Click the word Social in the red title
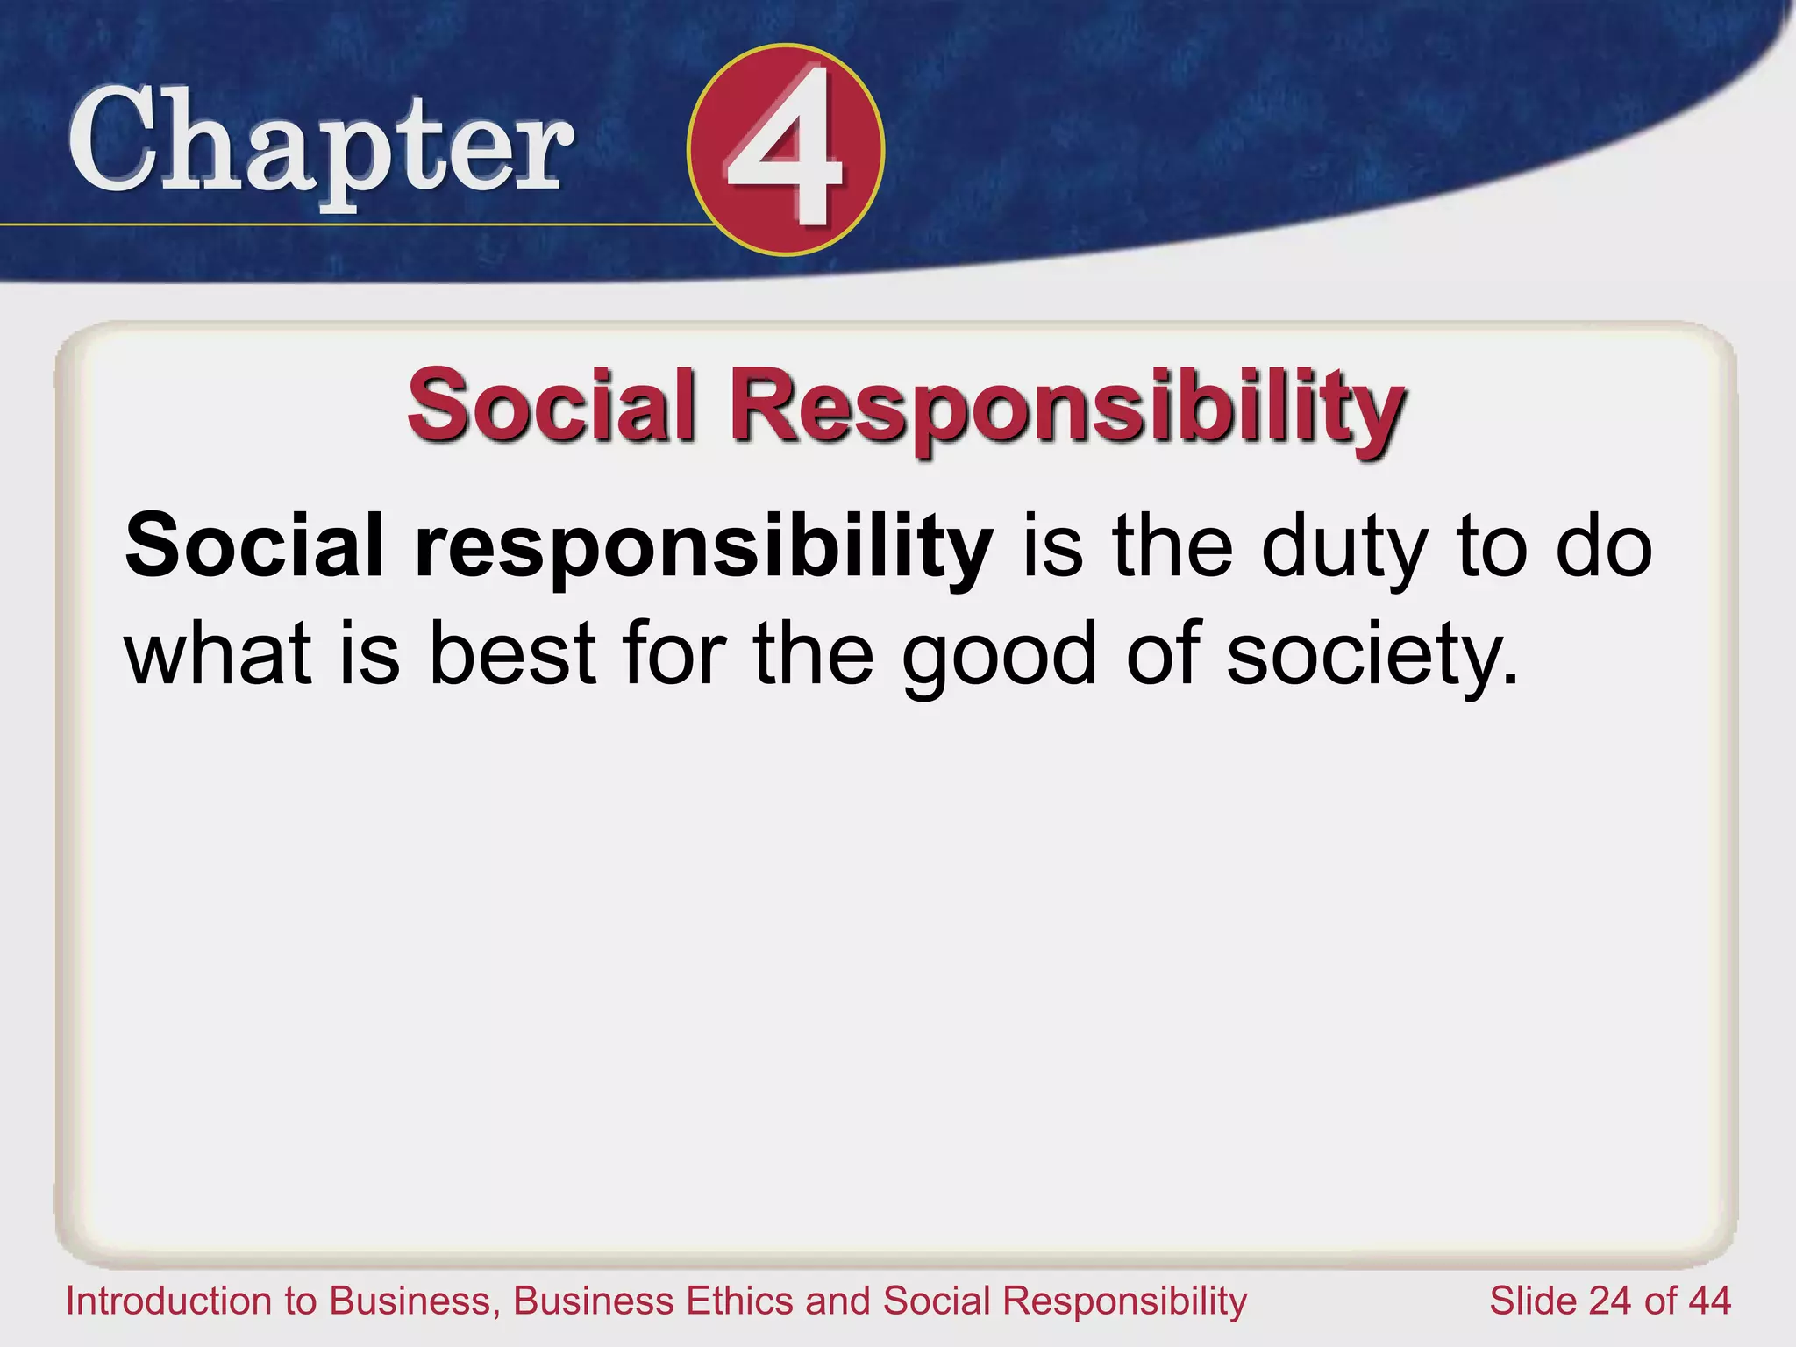tap(552, 406)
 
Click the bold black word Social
tap(254, 546)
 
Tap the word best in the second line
tap(513, 653)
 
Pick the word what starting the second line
tap(218, 653)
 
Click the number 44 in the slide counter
tap(1708, 1301)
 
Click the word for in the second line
tap(674, 653)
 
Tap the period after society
tap(1510, 681)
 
